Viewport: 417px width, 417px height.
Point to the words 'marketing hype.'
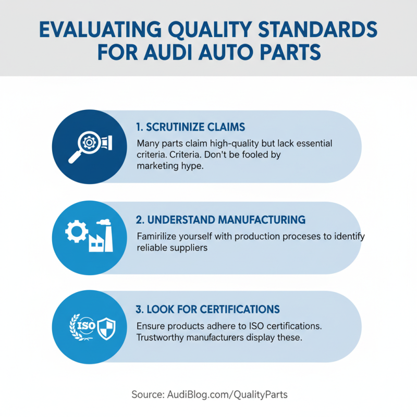[x=166, y=166]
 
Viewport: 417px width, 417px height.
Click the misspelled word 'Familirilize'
[x=160, y=236]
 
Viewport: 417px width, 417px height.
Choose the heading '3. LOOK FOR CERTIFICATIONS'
[x=207, y=310]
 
